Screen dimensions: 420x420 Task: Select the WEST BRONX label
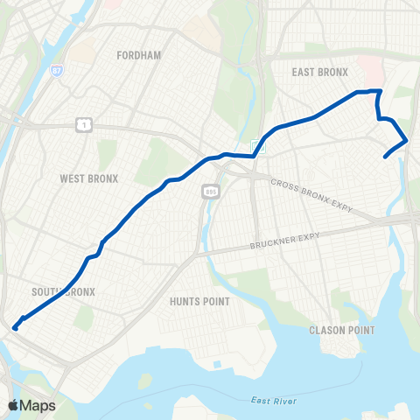click(84, 178)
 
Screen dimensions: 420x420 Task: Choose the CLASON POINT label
click(341, 330)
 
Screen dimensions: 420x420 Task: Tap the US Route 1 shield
click(80, 128)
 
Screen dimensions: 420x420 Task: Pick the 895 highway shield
click(209, 189)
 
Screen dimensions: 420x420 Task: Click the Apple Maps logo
click(31, 405)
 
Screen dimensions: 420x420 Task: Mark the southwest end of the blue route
click(15, 328)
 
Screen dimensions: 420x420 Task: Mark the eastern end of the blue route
click(386, 157)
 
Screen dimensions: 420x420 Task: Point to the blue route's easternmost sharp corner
click(408, 140)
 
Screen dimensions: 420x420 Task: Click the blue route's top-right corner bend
click(380, 91)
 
